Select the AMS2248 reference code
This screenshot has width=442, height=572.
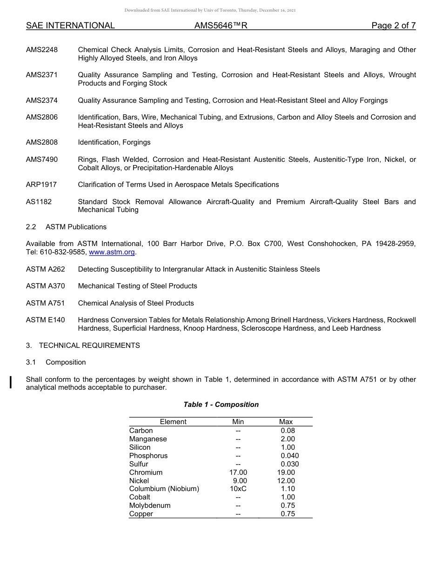point(42,50)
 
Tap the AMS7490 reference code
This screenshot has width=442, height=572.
point(42,160)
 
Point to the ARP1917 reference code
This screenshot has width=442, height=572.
point(41,185)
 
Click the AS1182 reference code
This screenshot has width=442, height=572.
point(39,202)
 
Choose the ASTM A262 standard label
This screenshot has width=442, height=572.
point(46,269)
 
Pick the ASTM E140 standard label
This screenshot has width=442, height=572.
point(46,320)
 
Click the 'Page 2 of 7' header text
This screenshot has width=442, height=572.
point(393,26)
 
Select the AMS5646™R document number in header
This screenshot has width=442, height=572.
point(221,26)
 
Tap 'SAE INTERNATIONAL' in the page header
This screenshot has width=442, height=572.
point(70,26)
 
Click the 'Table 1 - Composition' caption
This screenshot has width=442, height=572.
point(221,405)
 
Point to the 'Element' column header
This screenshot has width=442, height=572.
point(173,422)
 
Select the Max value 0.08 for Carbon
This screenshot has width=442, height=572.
point(288,431)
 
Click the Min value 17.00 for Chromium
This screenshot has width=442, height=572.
point(238,472)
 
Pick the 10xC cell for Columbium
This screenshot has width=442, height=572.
point(238,489)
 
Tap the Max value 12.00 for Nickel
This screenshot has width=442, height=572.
point(286,481)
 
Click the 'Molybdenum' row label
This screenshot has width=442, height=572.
point(150,505)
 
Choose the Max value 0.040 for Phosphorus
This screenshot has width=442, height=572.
point(289,456)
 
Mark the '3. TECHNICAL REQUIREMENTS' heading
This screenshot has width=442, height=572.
point(83,346)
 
